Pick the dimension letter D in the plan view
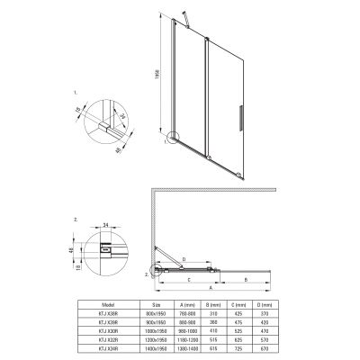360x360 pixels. pyautogui.click(x=184, y=261)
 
